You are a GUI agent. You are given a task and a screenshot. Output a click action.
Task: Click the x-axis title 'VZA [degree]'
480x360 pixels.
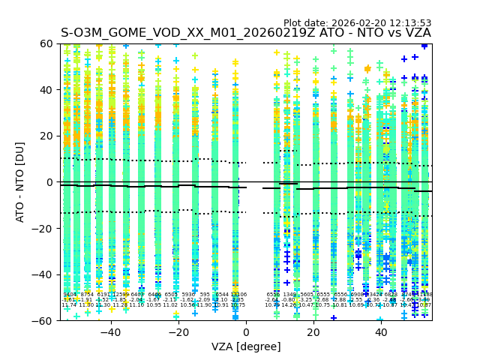click(245, 346)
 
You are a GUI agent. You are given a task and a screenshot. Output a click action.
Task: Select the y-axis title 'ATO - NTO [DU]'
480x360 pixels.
click(21, 182)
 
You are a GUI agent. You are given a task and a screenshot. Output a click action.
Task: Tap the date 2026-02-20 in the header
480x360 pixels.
click(360, 23)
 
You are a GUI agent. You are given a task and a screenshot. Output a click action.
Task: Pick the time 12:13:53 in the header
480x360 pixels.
click(410, 23)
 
